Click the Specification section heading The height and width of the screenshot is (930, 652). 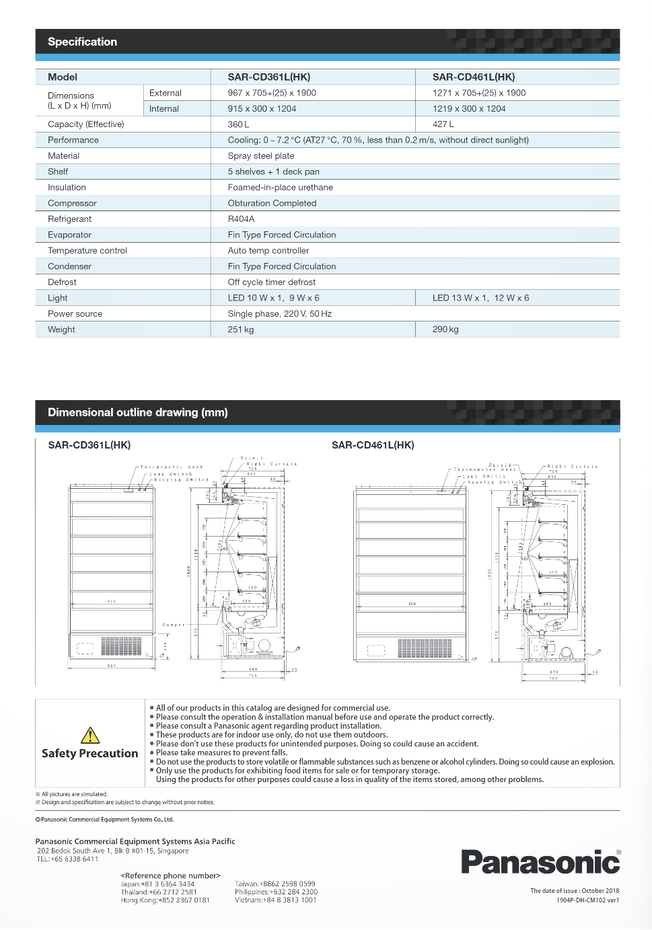point(82,42)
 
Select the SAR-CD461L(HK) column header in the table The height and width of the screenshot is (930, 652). point(473,77)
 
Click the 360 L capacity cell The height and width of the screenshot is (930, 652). point(238,124)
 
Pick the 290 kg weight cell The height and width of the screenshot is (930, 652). point(445,330)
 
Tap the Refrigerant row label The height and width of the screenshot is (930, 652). point(69,219)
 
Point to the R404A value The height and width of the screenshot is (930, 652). point(241,219)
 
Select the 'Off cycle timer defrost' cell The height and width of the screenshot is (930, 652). point(271,282)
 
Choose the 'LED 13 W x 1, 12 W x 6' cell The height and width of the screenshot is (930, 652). point(480,298)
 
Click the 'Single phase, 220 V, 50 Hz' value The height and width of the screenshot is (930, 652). point(279,314)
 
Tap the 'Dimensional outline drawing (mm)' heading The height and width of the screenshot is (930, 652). point(137,412)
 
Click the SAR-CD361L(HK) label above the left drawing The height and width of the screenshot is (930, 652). point(89,445)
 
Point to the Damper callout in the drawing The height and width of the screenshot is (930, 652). point(173,625)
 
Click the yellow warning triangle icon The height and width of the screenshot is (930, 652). point(90,735)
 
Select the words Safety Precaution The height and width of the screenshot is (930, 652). point(90,754)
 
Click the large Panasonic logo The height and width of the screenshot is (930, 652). point(540,861)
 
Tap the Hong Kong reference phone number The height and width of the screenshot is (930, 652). point(166,900)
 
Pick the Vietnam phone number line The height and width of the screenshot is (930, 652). point(275,900)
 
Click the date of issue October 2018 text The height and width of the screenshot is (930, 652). point(575,891)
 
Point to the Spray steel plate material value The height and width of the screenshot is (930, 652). point(261,156)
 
